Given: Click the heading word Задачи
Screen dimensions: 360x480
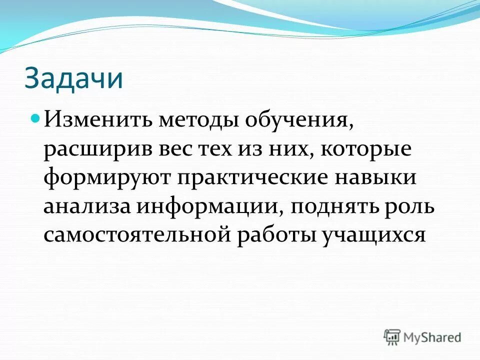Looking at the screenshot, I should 73,78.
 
